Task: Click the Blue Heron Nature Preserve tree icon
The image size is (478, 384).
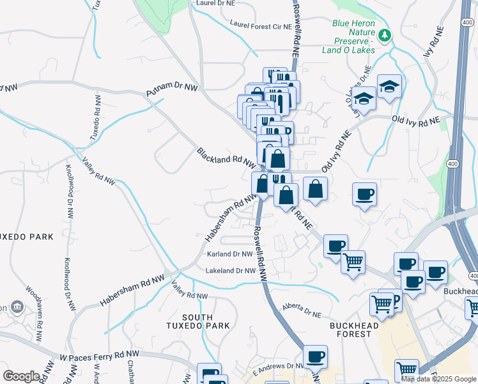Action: pyautogui.click(x=385, y=34)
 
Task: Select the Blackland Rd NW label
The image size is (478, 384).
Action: pyautogui.click(x=226, y=157)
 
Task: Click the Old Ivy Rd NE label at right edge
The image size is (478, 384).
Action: pyautogui.click(x=416, y=120)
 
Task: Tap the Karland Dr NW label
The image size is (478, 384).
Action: pyautogui.click(x=230, y=254)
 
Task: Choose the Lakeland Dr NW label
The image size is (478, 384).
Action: pyautogui.click(x=231, y=271)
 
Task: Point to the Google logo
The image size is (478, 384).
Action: pyautogui.click(x=21, y=376)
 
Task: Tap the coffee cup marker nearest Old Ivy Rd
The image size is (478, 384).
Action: pyautogui.click(x=364, y=195)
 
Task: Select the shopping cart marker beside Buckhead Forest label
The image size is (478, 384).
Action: pyautogui.click(x=382, y=305)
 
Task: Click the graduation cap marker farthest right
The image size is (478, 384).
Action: pyautogui.click(x=389, y=86)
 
